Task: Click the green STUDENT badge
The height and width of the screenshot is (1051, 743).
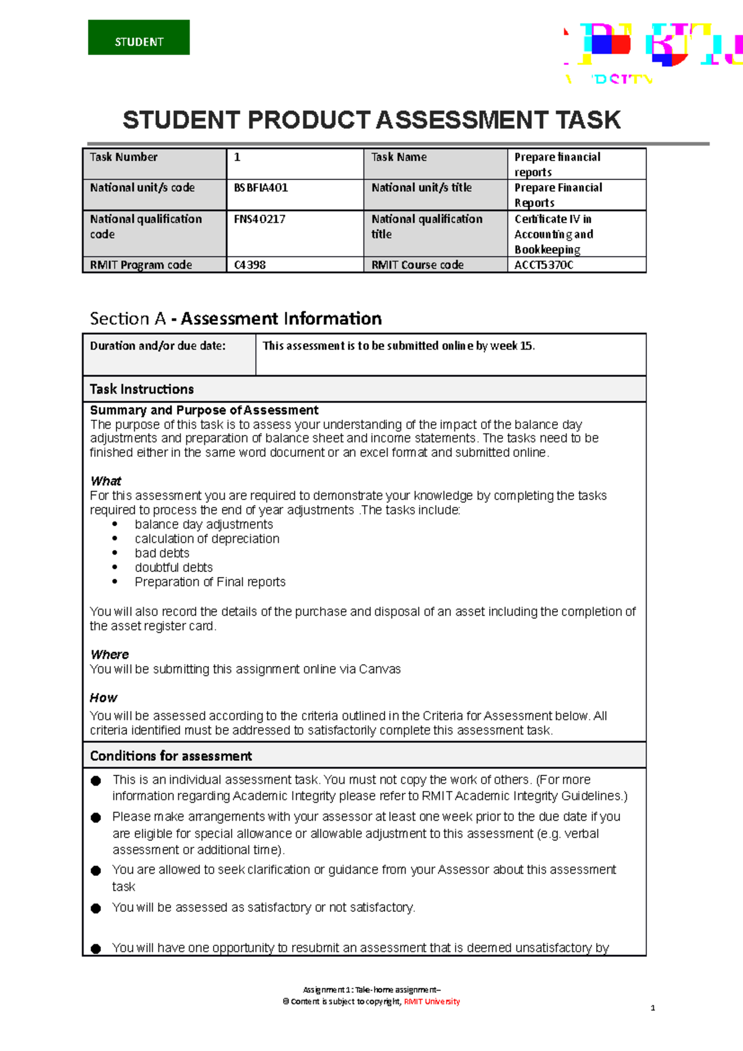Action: point(139,38)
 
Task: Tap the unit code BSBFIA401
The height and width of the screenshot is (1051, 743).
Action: point(261,188)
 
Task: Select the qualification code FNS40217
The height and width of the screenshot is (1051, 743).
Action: point(259,219)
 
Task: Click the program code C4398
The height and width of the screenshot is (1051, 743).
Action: point(250,265)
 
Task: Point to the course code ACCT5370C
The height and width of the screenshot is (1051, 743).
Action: point(544,265)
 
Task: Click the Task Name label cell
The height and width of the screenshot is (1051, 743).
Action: point(399,157)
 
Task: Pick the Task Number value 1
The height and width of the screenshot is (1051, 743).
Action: point(237,157)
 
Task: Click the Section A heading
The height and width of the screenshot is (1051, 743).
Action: point(235,319)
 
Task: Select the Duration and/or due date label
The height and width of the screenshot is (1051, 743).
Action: point(158,346)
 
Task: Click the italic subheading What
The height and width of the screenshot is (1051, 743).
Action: point(106,481)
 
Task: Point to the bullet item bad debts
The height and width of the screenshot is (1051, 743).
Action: point(162,553)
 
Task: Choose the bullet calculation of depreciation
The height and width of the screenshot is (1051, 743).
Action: point(207,539)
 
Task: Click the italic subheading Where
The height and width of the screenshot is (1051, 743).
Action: point(110,655)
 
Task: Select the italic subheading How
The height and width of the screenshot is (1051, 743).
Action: point(103,698)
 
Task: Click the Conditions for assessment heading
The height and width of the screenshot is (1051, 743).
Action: point(171,756)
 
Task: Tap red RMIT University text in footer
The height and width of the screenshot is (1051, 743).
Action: point(432,1001)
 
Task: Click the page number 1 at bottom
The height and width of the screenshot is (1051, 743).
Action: point(653,1008)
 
